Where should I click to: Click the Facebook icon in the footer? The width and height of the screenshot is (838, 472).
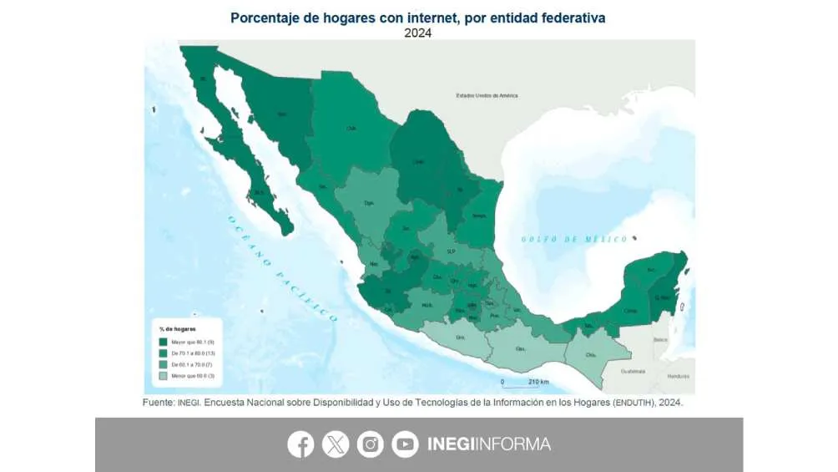tap(300, 444)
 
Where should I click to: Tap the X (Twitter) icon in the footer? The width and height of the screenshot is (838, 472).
tap(336, 444)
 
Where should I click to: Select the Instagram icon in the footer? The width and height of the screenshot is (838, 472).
tap(371, 444)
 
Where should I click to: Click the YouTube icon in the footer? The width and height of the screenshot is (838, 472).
tap(406, 444)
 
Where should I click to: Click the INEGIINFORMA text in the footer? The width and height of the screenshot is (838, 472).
tap(489, 444)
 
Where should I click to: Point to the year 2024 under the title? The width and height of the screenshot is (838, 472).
tap(418, 33)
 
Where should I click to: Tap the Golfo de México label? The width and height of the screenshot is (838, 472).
tap(574, 239)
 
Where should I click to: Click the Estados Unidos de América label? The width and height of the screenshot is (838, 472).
tap(487, 96)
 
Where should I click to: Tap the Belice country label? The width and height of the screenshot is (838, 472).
tap(661, 340)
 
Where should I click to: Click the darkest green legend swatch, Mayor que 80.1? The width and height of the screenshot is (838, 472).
tap(163, 343)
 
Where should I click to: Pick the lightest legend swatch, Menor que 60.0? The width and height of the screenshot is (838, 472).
tap(163, 377)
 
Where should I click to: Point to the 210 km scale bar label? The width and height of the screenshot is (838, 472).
tap(538, 382)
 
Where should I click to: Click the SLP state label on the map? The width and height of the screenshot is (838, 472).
tap(451, 251)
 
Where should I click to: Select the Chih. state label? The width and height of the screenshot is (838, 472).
tap(352, 128)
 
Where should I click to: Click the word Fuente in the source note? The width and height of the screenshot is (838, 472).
tap(158, 402)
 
